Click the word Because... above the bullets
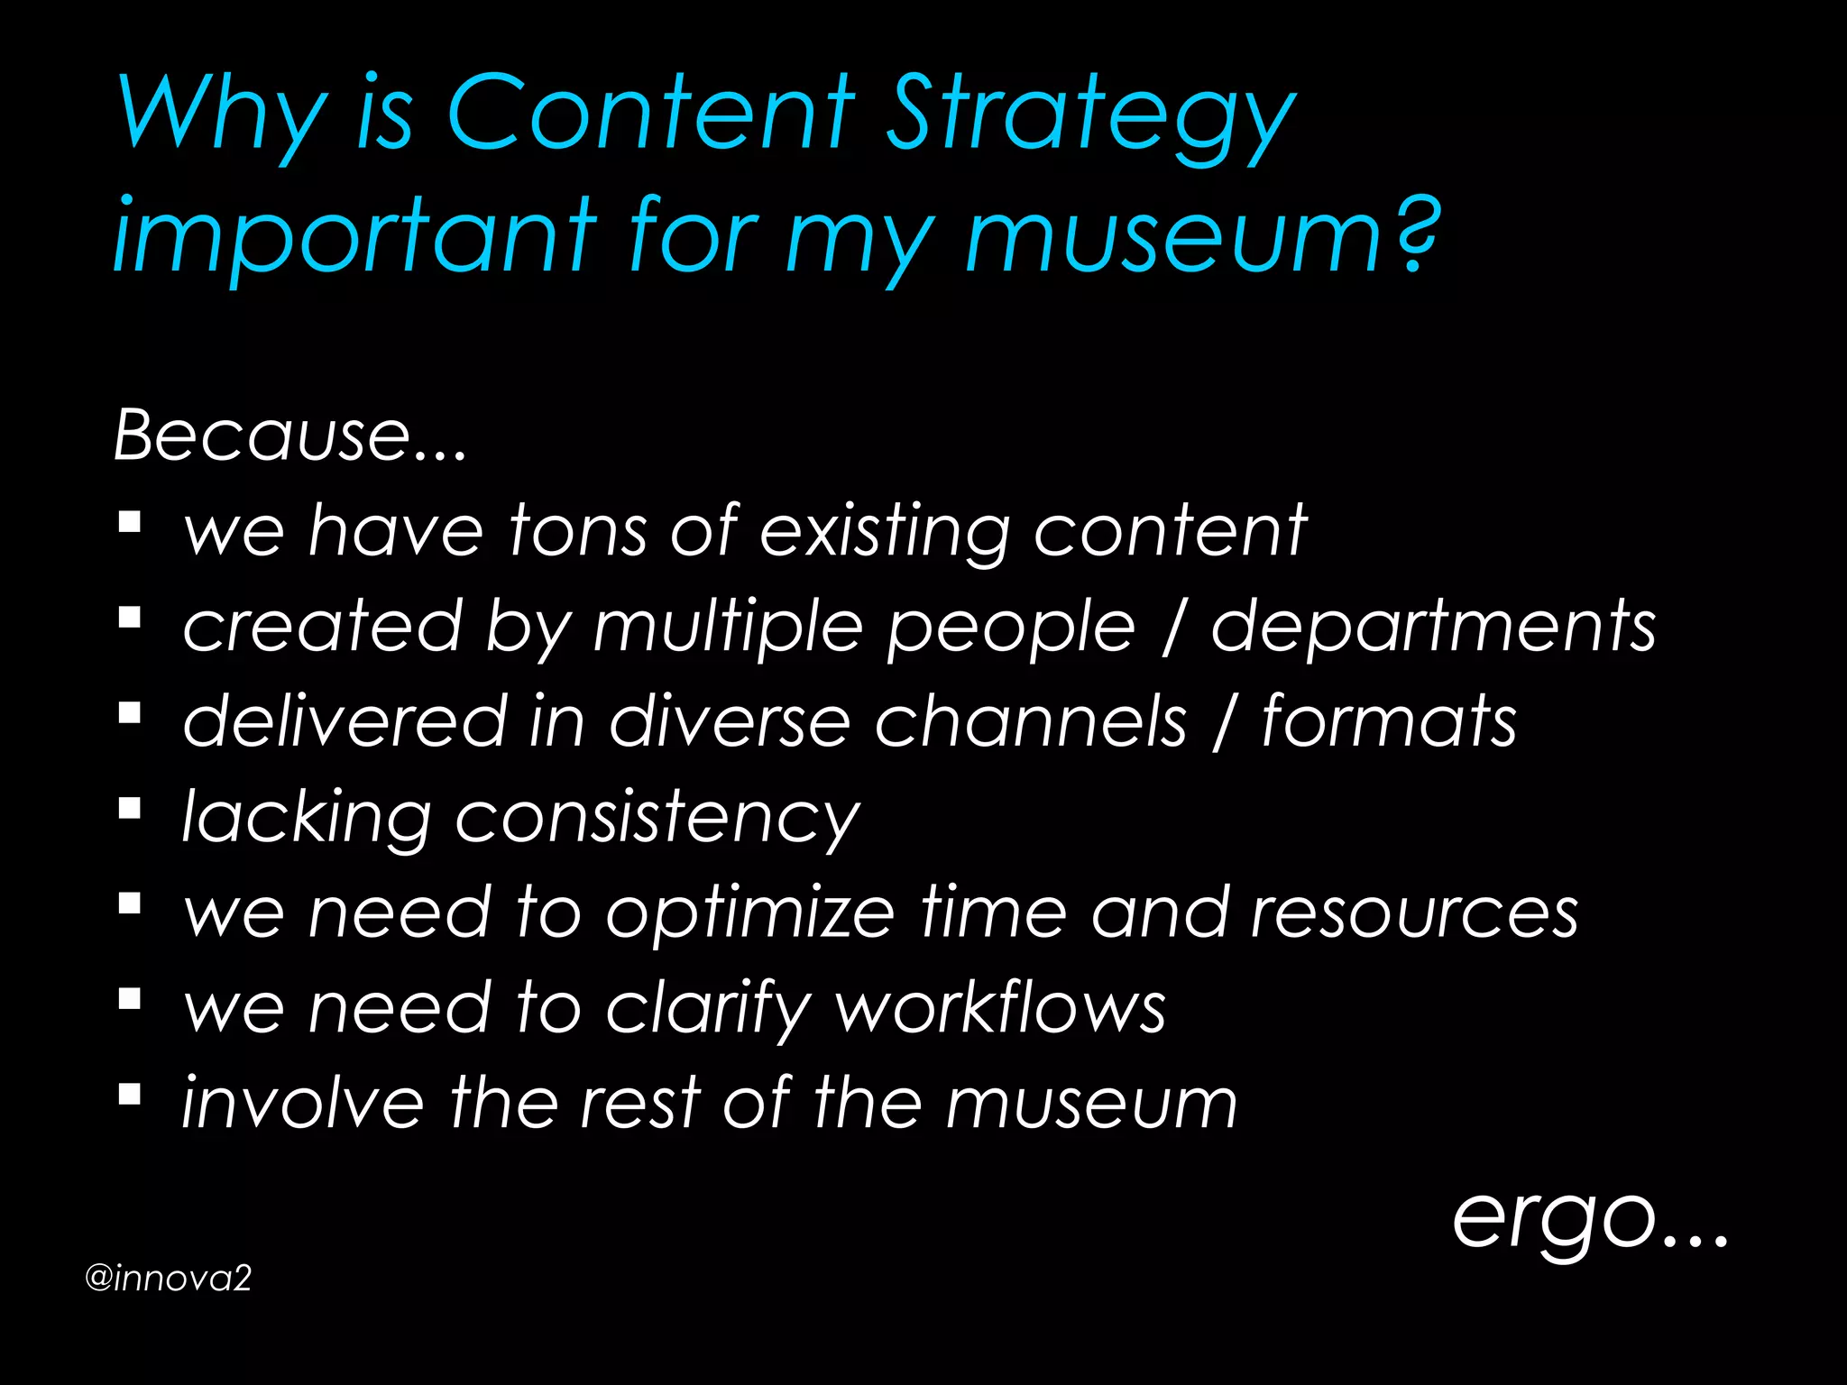[x=289, y=436]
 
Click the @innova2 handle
[x=168, y=1279]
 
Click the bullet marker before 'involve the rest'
[x=129, y=1094]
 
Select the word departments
[x=1433, y=628]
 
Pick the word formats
[x=1388, y=721]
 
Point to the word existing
[x=885, y=532]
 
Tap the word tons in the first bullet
[x=578, y=531]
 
